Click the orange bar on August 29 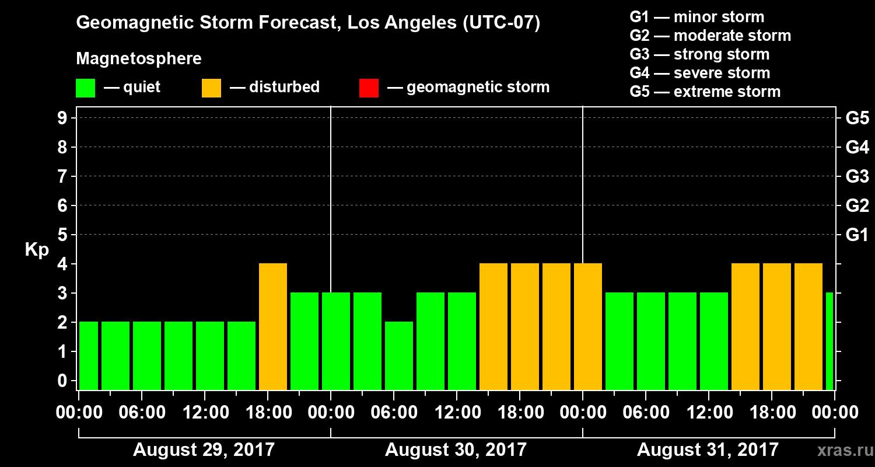pyautogui.click(x=273, y=326)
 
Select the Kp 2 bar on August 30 pyautogui.click(x=399, y=356)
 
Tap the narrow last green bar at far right pyautogui.click(x=829, y=341)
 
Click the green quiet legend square pyautogui.click(x=85, y=88)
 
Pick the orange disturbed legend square pyautogui.click(x=211, y=88)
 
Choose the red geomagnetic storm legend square pyautogui.click(x=369, y=88)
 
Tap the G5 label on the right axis pyautogui.click(x=857, y=119)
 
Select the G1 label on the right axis pyautogui.click(x=857, y=235)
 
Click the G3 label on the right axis pyautogui.click(x=857, y=177)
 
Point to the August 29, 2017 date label pyautogui.click(x=204, y=450)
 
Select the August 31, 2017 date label pyautogui.click(x=708, y=450)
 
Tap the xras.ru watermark pyautogui.click(x=842, y=450)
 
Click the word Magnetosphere pyautogui.click(x=139, y=59)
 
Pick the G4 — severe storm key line pyautogui.click(x=700, y=73)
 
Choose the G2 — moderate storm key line pyautogui.click(x=710, y=36)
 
